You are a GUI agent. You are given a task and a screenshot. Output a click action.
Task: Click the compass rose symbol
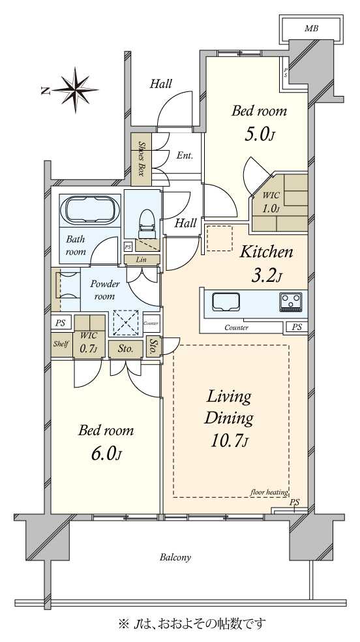pyautogui.click(x=75, y=89)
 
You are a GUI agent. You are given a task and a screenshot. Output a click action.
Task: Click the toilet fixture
pyautogui.click(x=145, y=224)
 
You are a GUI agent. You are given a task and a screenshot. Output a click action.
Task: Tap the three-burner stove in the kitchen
pyautogui.click(x=290, y=302)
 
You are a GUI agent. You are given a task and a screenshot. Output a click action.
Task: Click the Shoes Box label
pyautogui.click(x=141, y=159)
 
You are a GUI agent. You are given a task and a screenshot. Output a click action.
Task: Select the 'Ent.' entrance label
pyautogui.click(x=185, y=155)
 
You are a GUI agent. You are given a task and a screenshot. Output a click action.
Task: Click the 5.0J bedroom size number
pyautogui.click(x=258, y=134)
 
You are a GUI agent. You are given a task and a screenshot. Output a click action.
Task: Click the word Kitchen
pyautogui.click(x=266, y=252)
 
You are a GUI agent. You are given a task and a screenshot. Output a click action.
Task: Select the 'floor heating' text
pyautogui.click(x=269, y=492)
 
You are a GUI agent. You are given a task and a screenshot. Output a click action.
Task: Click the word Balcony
pyautogui.click(x=175, y=557)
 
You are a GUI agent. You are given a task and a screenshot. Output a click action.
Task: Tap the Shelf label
pyautogui.click(x=61, y=344)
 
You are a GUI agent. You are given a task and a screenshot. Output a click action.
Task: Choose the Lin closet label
pyautogui.click(x=142, y=260)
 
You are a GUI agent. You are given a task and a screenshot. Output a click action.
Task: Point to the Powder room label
pyautogui.click(x=105, y=290)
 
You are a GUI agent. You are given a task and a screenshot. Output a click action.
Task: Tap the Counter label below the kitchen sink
pyautogui.click(x=237, y=328)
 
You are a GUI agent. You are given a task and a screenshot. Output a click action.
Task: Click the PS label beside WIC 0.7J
pyautogui.click(x=61, y=323)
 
